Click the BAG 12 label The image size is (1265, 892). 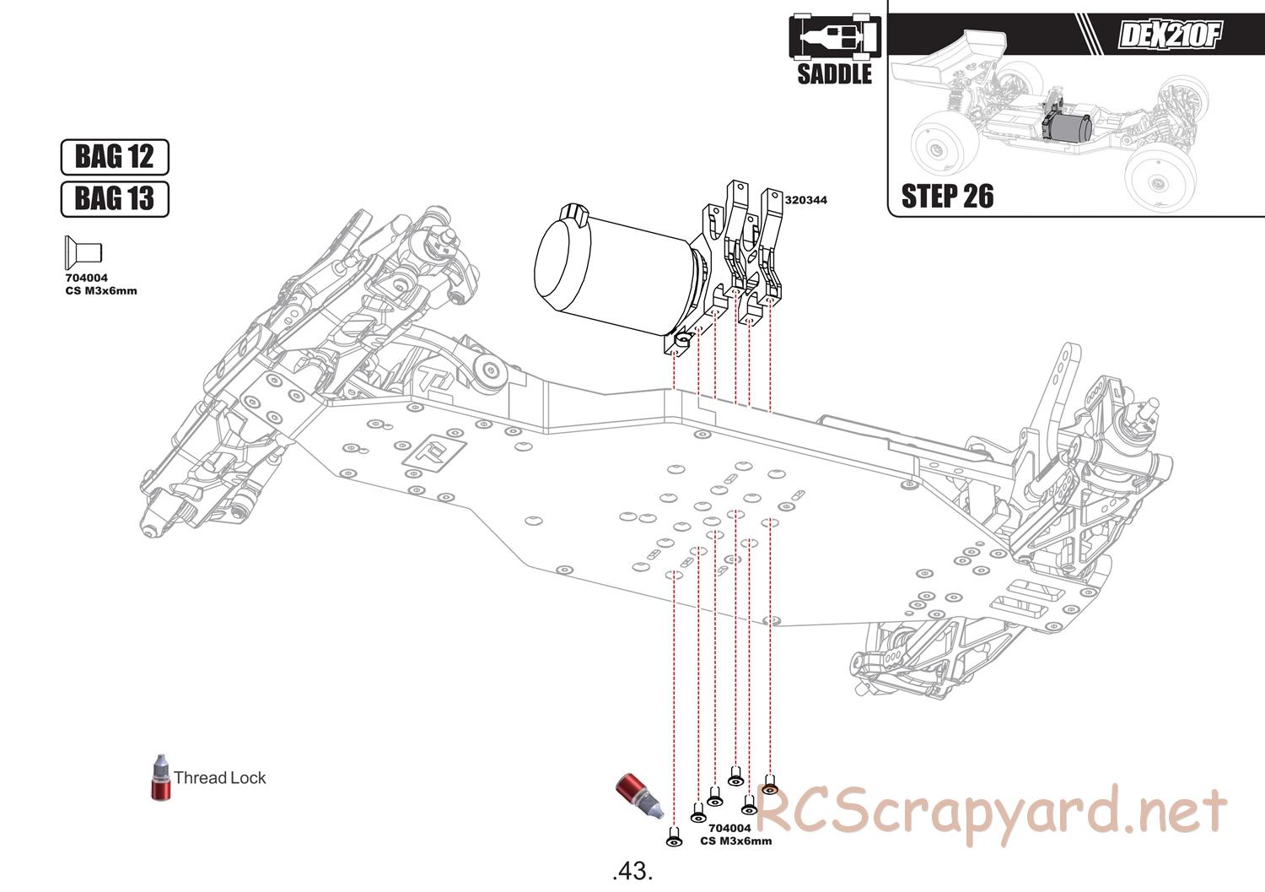(x=115, y=157)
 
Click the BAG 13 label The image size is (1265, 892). (x=115, y=199)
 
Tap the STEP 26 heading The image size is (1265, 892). (x=947, y=197)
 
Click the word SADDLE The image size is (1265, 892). (x=834, y=74)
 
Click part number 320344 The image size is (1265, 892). (x=805, y=200)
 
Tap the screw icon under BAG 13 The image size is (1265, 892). (x=83, y=252)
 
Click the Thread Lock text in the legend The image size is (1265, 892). (x=219, y=778)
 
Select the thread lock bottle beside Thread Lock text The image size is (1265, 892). (x=159, y=778)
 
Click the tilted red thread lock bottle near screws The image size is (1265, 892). (x=638, y=795)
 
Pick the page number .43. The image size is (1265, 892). (x=632, y=870)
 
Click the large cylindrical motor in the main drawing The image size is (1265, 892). (x=607, y=270)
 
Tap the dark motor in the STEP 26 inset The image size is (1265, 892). (x=1069, y=127)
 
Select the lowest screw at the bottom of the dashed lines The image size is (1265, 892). (x=674, y=837)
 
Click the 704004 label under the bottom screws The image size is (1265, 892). (x=729, y=828)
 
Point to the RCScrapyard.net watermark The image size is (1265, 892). (x=991, y=812)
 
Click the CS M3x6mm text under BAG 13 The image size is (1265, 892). (x=101, y=291)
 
